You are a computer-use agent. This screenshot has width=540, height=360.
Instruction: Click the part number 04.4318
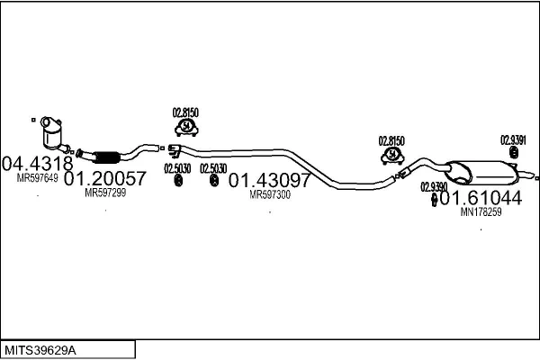pos(37,164)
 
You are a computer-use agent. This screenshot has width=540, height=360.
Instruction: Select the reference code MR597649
pos(37,178)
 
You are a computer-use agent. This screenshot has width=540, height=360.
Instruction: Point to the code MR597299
pos(105,193)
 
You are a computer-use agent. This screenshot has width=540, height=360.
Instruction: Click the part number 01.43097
pos(269,179)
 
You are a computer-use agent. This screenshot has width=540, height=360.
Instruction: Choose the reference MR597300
pos(270,193)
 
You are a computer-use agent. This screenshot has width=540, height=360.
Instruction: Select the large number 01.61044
pos(481,198)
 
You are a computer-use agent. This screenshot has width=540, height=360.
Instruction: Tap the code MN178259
pos(480,212)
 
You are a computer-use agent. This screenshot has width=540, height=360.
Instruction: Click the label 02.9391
pos(513,140)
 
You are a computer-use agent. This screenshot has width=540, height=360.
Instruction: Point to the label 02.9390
pos(433,186)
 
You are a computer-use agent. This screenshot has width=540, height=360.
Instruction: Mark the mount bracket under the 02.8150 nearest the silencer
pos(391,157)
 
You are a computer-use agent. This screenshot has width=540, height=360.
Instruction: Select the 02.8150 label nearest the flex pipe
pos(185,112)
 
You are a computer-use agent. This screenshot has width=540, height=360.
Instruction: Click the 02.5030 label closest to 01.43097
pos(213,168)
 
